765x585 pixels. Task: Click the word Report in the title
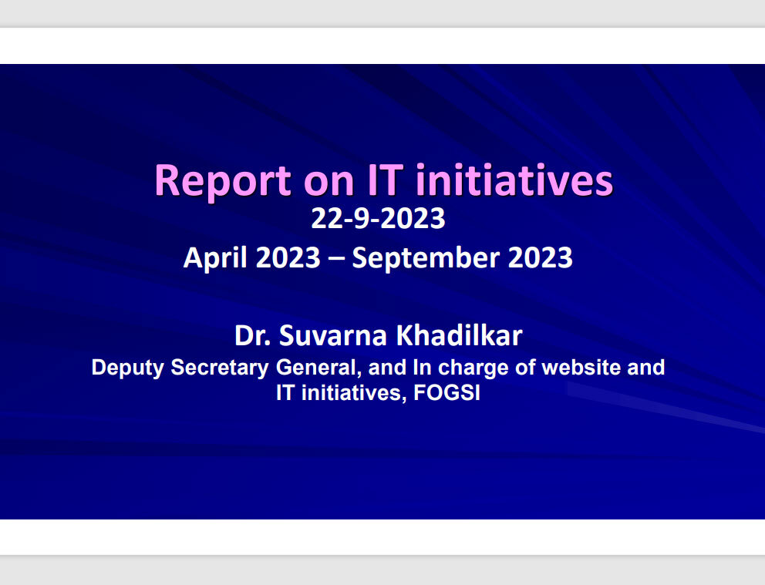[x=223, y=181]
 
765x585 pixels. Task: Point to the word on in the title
[x=329, y=183]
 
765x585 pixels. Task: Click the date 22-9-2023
[x=378, y=218]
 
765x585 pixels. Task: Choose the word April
[x=215, y=258]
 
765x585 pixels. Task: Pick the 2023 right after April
[x=288, y=257]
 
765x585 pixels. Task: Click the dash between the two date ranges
[x=336, y=258]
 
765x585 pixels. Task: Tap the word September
[x=426, y=258]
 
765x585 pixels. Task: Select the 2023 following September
[x=540, y=257]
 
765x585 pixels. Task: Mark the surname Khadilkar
[x=459, y=335]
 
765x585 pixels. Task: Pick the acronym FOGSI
[x=447, y=393]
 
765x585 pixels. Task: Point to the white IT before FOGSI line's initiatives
[x=285, y=393]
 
